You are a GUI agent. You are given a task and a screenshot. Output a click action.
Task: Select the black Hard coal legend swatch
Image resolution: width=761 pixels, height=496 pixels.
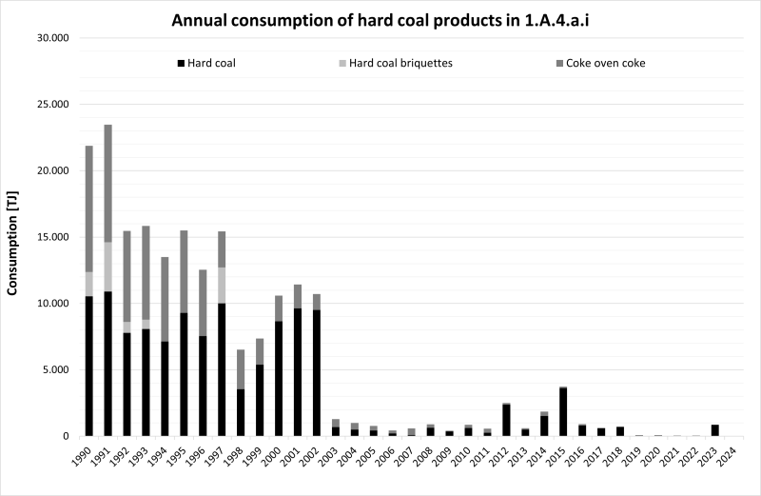pyautogui.click(x=181, y=64)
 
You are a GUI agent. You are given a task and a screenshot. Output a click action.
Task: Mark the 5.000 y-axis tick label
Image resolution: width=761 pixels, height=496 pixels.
pyautogui.click(x=63, y=369)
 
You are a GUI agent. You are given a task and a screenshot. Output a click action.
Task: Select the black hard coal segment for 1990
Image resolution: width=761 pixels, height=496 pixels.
pyautogui.click(x=89, y=366)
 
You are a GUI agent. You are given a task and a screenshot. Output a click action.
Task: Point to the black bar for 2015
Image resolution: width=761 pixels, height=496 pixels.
pyautogui.click(x=563, y=411)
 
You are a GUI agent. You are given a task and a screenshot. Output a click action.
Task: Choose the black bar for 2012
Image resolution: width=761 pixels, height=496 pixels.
pyautogui.click(x=507, y=420)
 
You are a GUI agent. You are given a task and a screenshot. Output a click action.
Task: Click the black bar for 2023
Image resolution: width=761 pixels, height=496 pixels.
pyautogui.click(x=715, y=430)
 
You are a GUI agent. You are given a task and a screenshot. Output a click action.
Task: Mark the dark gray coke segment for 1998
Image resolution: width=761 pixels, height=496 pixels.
pyautogui.click(x=242, y=369)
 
